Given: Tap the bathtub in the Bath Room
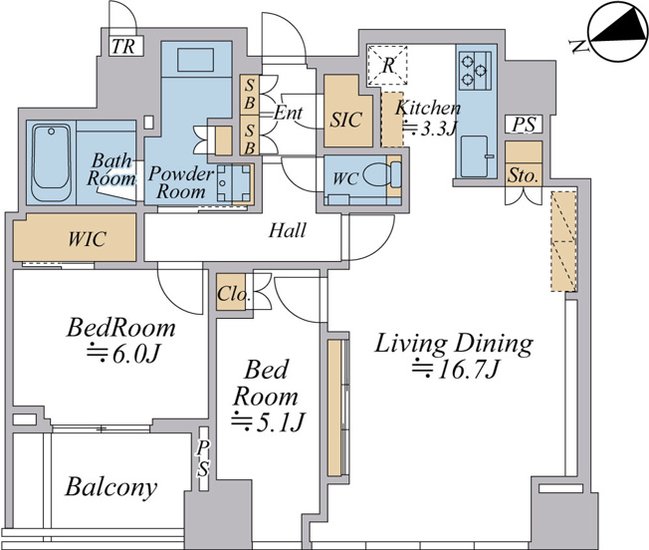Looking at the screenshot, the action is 51,162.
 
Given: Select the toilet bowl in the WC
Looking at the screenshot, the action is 377,174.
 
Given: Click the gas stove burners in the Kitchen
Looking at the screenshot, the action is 475,70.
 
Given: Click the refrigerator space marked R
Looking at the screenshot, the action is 387,65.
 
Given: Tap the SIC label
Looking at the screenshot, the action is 346,120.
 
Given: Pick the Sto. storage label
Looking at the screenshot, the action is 524,175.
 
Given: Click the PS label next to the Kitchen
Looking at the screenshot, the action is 524,125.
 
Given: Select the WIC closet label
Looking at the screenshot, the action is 87,239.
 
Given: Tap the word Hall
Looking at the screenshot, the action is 288,230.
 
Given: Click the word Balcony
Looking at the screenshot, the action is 111,487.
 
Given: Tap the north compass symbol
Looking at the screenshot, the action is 617,33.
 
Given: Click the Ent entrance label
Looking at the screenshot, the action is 288,113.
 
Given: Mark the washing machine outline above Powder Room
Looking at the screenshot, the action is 196,59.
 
